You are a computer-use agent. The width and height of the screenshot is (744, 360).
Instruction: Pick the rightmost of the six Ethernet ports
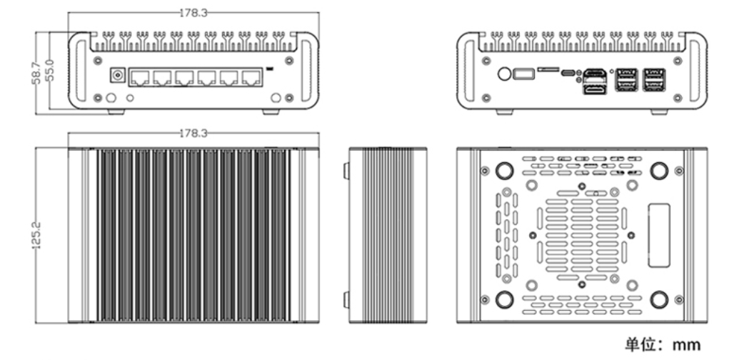pyautogui.click(x=251, y=78)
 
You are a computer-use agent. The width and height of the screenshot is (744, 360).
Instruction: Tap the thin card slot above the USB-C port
pyautogui.click(x=549, y=69)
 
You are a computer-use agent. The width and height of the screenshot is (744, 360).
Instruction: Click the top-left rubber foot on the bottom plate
pyautogui.click(x=503, y=170)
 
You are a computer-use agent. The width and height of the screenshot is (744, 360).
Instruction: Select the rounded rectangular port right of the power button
pyautogui.click(x=523, y=74)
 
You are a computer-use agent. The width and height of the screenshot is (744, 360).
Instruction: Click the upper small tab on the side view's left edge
pyautogui.click(x=346, y=171)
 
